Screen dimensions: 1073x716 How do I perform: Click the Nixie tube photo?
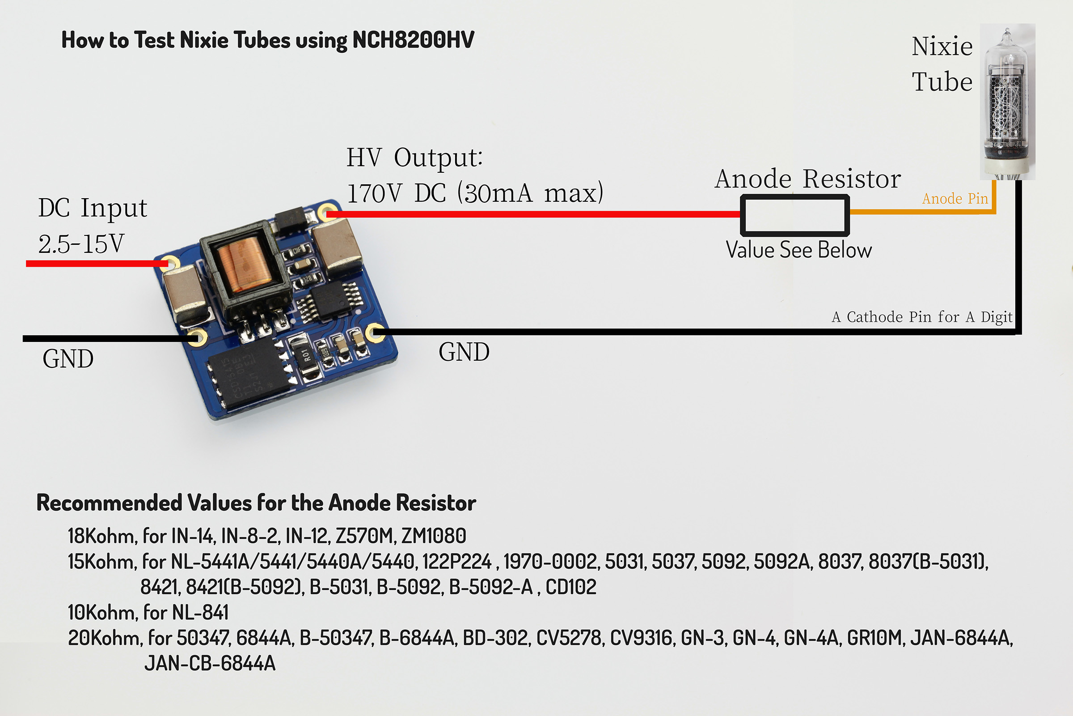tap(1007, 102)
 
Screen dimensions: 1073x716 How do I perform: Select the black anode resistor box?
tap(794, 197)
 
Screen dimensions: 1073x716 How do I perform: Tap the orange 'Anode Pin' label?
tap(955, 199)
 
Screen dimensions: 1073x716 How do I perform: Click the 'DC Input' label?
tap(93, 208)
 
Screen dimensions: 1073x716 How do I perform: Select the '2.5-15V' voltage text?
tap(81, 244)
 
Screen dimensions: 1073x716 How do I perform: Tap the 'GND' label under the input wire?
tap(68, 359)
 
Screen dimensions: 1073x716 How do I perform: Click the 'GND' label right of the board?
tap(464, 352)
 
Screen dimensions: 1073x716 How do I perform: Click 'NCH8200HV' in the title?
tap(413, 40)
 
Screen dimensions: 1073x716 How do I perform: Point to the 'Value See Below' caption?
tap(799, 250)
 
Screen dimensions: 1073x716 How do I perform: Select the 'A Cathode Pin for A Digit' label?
tap(922, 317)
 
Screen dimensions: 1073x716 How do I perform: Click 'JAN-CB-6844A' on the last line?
tap(210, 664)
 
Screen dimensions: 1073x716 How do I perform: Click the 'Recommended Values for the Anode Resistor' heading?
tap(256, 503)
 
